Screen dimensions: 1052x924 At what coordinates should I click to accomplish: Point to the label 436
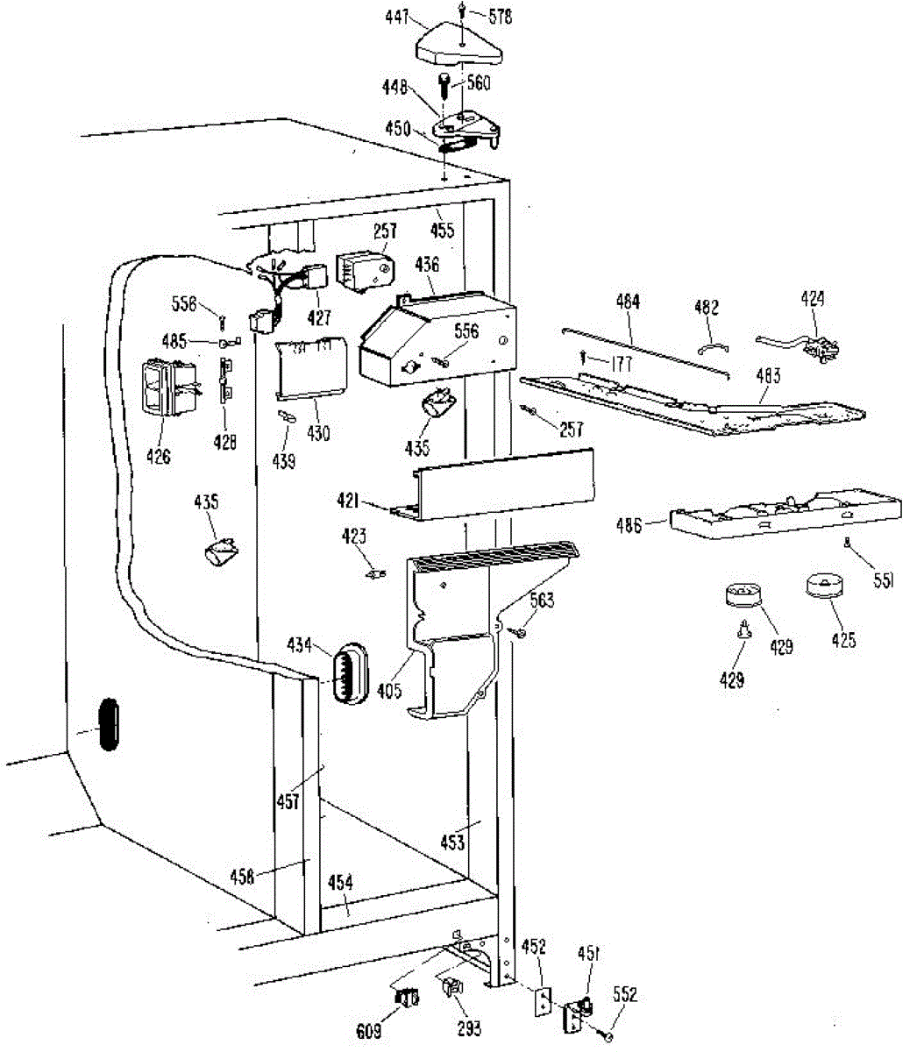(427, 264)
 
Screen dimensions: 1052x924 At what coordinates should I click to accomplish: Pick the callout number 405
(390, 691)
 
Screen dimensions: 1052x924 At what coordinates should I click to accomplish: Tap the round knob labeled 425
(822, 585)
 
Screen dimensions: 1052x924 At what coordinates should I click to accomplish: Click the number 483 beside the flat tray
(768, 377)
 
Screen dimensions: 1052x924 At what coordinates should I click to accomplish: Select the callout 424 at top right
(813, 299)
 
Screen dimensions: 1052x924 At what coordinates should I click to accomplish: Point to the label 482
(707, 307)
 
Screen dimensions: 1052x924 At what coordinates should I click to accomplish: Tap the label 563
(543, 601)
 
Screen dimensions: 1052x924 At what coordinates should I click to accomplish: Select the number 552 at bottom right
(625, 995)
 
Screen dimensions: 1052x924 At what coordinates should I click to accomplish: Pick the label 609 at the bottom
(369, 1033)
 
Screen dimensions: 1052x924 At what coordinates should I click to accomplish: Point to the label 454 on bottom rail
(340, 883)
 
